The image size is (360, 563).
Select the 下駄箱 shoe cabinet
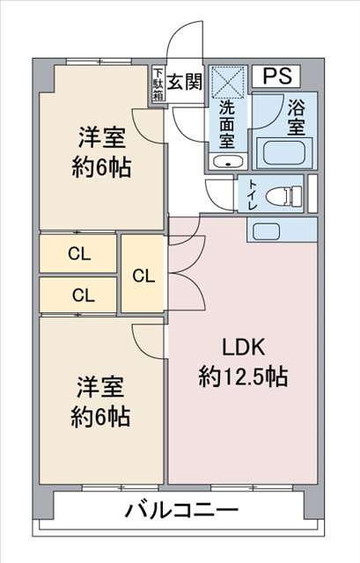tap(158, 84)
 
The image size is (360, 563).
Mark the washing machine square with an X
tap(228, 84)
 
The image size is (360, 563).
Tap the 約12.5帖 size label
tap(242, 377)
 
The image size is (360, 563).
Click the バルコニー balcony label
tap(182, 511)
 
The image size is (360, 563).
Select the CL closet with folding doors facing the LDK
tap(143, 274)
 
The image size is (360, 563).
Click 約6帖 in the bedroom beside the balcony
tap(101, 416)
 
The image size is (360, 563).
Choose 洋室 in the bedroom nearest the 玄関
tap(101, 137)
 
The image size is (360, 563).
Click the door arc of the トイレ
tap(218, 190)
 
